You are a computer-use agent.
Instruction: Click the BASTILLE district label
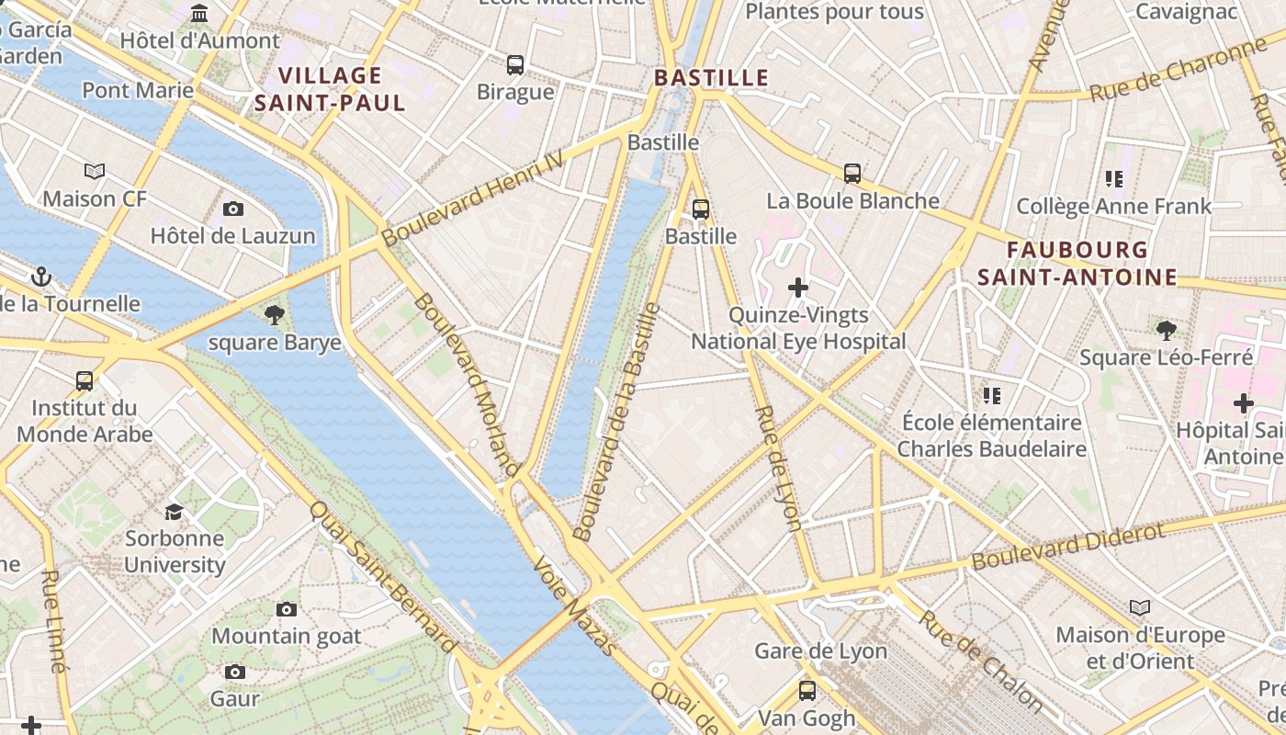click(711, 77)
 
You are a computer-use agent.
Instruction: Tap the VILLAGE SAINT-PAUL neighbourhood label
click(330, 89)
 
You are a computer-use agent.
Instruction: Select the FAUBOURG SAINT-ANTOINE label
click(1077, 263)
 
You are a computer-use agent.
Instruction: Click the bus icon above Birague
click(515, 65)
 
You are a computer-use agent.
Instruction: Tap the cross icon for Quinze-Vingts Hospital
click(798, 288)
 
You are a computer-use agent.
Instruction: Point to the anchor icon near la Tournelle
click(40, 277)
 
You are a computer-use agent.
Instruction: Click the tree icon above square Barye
click(274, 316)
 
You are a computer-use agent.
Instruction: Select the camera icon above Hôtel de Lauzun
click(233, 209)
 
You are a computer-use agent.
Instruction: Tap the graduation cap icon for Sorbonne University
click(174, 512)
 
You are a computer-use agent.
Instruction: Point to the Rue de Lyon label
click(778, 468)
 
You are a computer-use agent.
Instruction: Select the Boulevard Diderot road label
click(1068, 546)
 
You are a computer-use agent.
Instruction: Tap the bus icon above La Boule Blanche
click(852, 173)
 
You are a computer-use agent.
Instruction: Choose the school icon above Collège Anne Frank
click(1114, 178)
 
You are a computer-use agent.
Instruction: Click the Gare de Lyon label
click(820, 651)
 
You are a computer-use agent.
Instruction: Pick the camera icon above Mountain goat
click(287, 609)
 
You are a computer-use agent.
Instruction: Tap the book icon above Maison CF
click(95, 171)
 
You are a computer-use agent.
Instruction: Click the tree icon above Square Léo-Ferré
click(1166, 329)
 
